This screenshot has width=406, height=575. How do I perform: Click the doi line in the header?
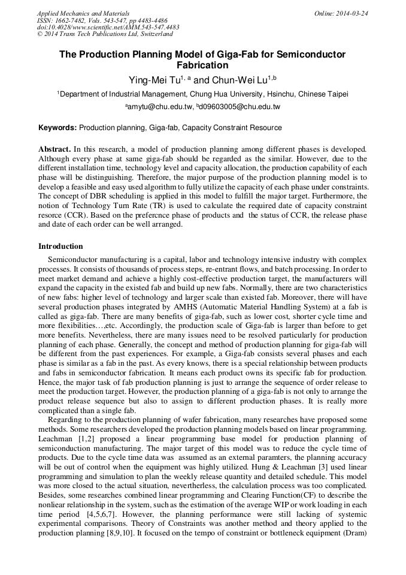click(x=108, y=28)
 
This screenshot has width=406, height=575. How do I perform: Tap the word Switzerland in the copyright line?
click(x=154, y=34)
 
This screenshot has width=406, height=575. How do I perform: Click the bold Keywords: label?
click(x=57, y=128)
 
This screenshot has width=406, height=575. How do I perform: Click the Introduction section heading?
click(x=60, y=246)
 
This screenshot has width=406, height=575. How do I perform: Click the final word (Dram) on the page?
click(x=354, y=532)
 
